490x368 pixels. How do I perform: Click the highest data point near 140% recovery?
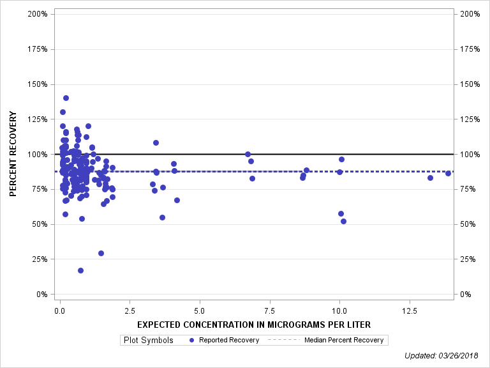tap(66, 98)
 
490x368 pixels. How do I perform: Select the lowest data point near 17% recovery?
tap(80, 270)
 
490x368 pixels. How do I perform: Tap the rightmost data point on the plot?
tap(448, 173)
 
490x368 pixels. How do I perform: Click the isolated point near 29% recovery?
tap(101, 253)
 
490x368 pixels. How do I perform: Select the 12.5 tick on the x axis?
tap(409, 310)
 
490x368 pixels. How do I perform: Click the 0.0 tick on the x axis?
tap(60, 310)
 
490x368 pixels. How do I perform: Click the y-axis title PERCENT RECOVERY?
tap(13, 154)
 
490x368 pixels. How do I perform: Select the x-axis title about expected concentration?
tap(253, 325)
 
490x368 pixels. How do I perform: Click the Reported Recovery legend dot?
tap(192, 340)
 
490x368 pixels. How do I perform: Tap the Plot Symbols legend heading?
tap(149, 340)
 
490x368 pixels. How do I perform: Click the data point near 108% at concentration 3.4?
tap(156, 142)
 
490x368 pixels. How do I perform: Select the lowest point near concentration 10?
tap(343, 221)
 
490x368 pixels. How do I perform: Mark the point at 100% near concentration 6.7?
tap(248, 154)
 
